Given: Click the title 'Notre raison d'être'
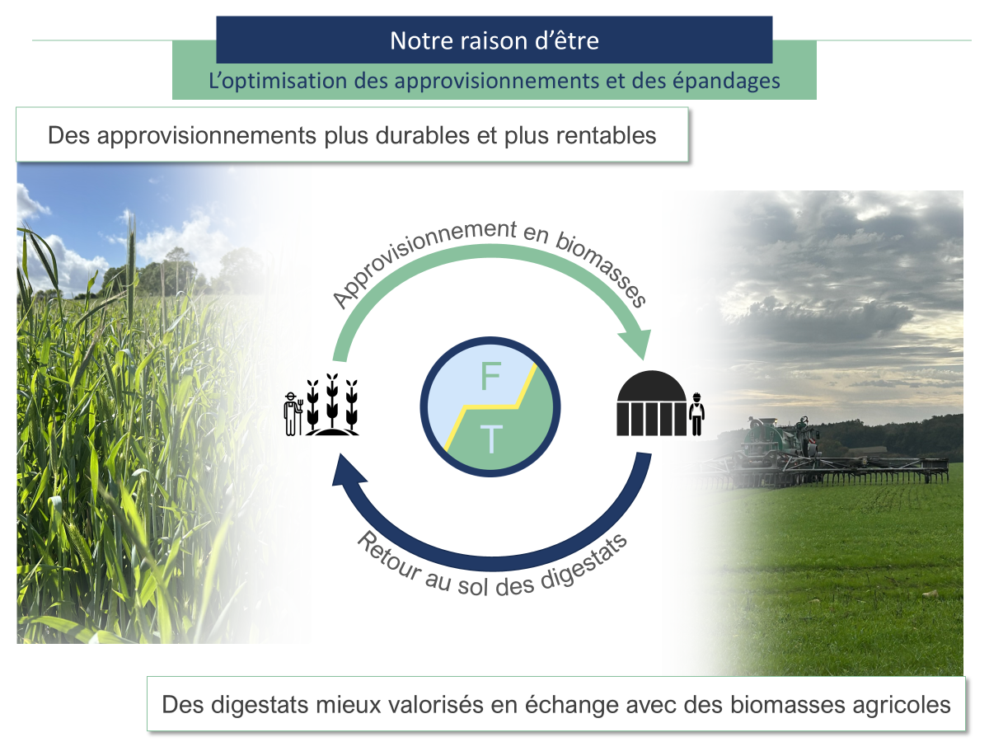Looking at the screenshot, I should pos(494,40).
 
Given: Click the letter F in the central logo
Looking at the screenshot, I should pos(490,377).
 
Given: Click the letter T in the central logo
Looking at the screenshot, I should pos(491,439).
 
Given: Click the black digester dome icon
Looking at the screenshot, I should pos(652,404).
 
